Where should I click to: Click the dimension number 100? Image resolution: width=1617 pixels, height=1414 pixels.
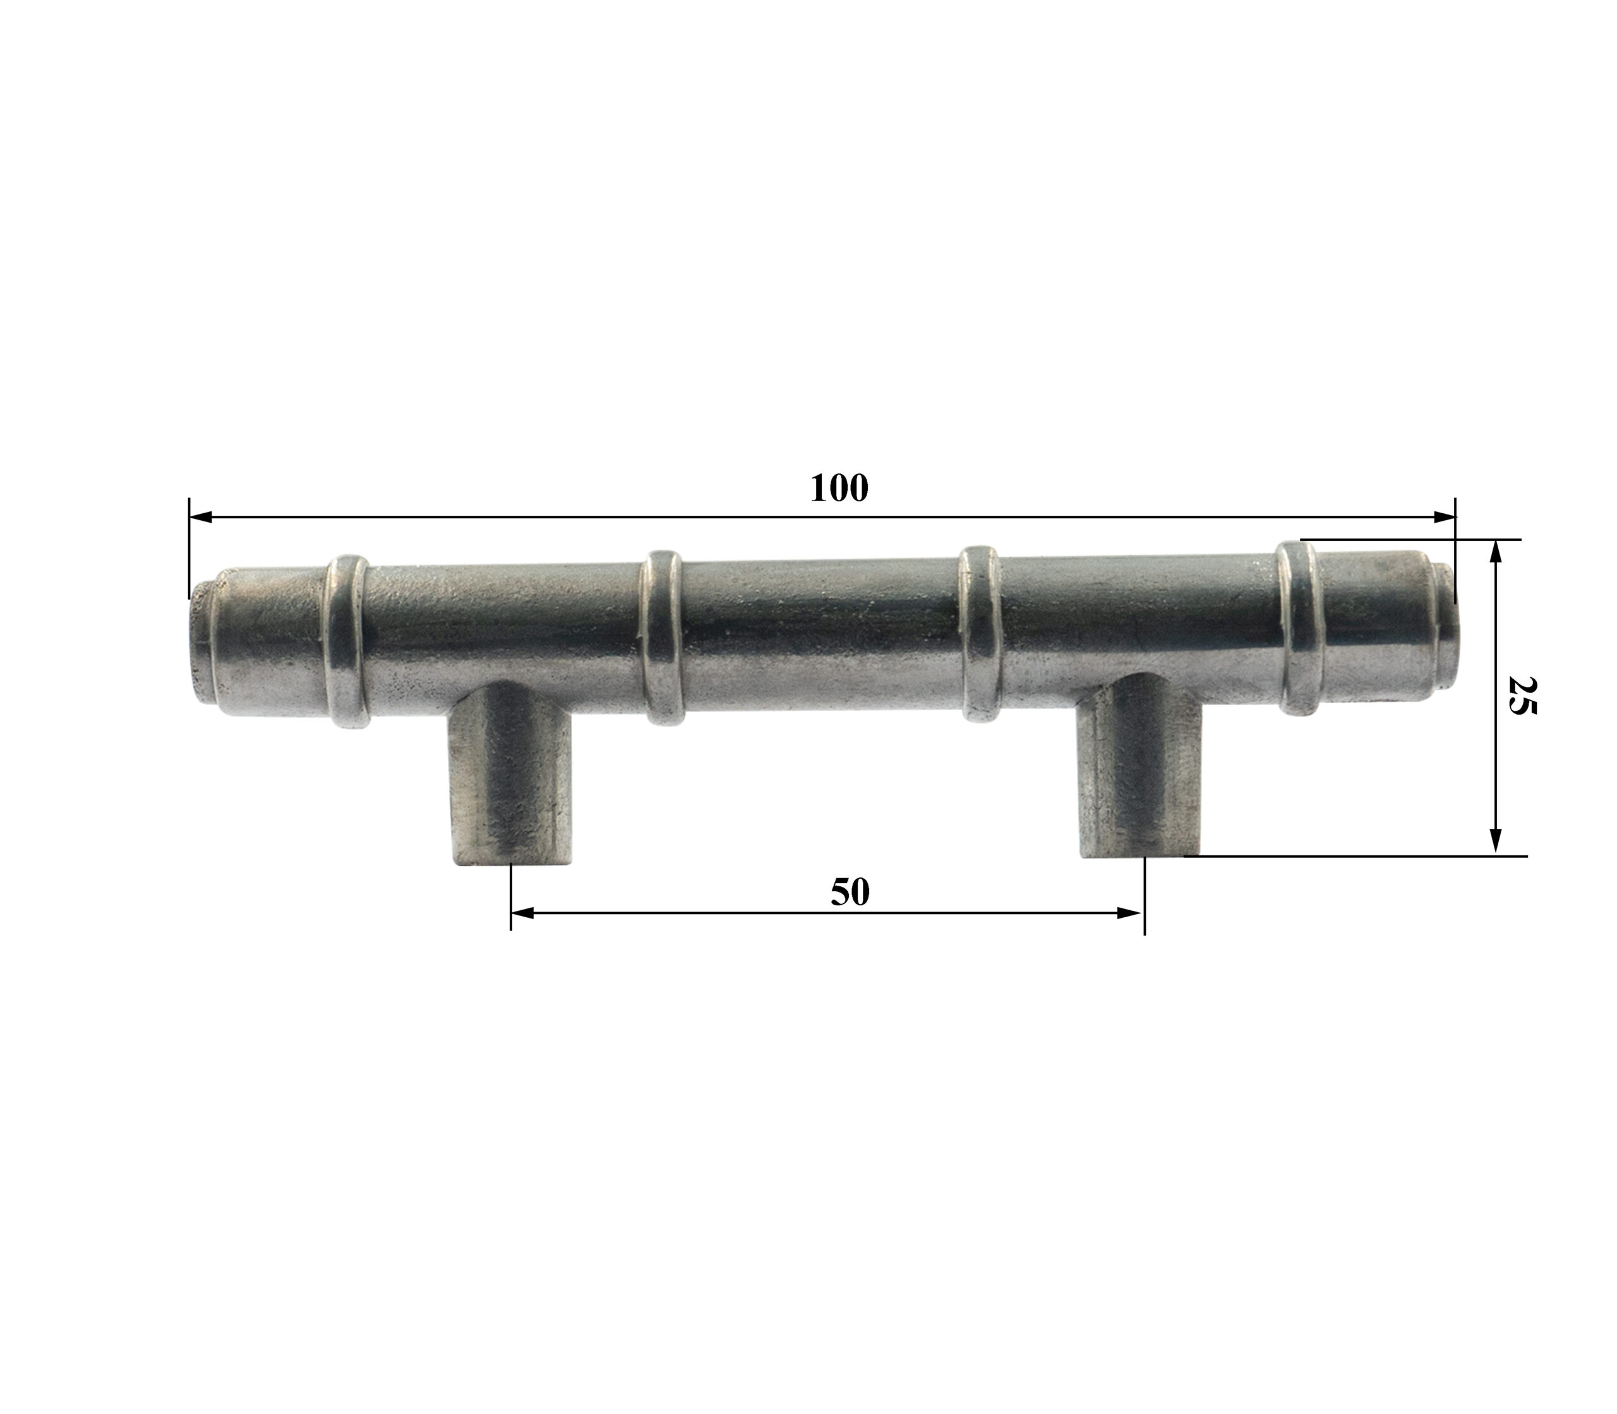[x=839, y=489]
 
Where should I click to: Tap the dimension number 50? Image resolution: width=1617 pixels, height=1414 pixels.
[x=850, y=893]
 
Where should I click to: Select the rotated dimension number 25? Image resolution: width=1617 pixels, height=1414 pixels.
[x=1522, y=694]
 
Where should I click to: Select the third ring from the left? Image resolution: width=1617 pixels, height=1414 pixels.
[x=979, y=633]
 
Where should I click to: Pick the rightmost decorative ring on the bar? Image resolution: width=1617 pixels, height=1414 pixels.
[x=1298, y=629]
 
